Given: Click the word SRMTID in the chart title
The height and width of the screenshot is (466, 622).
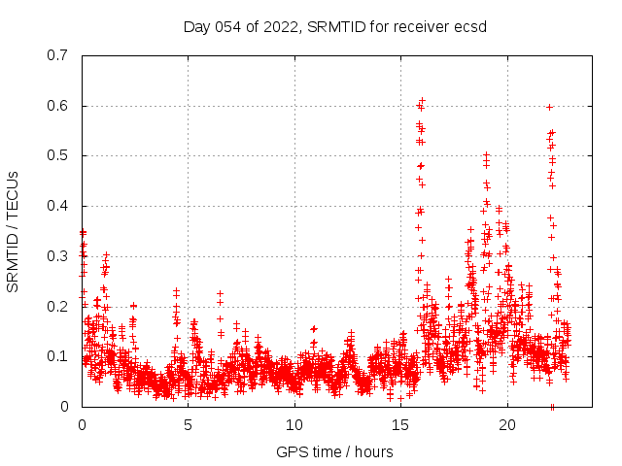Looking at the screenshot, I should (334, 26).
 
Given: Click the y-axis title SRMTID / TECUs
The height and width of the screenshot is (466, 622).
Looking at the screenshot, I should (13, 231).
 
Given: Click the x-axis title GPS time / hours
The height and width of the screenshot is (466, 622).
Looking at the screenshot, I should (334, 451).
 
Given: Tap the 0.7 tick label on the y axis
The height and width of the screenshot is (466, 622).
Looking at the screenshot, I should (57, 55).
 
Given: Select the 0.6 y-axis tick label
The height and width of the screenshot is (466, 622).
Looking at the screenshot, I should (57, 106).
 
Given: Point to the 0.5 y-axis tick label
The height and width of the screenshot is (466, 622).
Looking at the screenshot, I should (57, 155).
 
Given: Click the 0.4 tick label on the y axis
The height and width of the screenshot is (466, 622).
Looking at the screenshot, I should (57, 206).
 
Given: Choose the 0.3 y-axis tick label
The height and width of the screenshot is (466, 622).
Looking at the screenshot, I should (57, 256).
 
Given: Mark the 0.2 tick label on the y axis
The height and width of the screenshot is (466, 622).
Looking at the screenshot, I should (57, 307).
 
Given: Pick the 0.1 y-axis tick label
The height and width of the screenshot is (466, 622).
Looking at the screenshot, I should (57, 356).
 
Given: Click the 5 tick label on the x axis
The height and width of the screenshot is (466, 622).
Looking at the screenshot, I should (188, 425).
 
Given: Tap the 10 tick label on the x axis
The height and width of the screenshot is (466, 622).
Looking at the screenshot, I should (294, 425).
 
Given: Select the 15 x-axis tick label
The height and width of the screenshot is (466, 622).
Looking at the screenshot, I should (400, 425).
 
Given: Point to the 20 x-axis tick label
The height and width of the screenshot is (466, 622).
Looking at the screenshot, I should (507, 425).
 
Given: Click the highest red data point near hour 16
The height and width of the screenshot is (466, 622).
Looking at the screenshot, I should (422, 99).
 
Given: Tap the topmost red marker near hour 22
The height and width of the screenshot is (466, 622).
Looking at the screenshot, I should (550, 107).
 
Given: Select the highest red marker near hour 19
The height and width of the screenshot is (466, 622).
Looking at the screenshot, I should (486, 154).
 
